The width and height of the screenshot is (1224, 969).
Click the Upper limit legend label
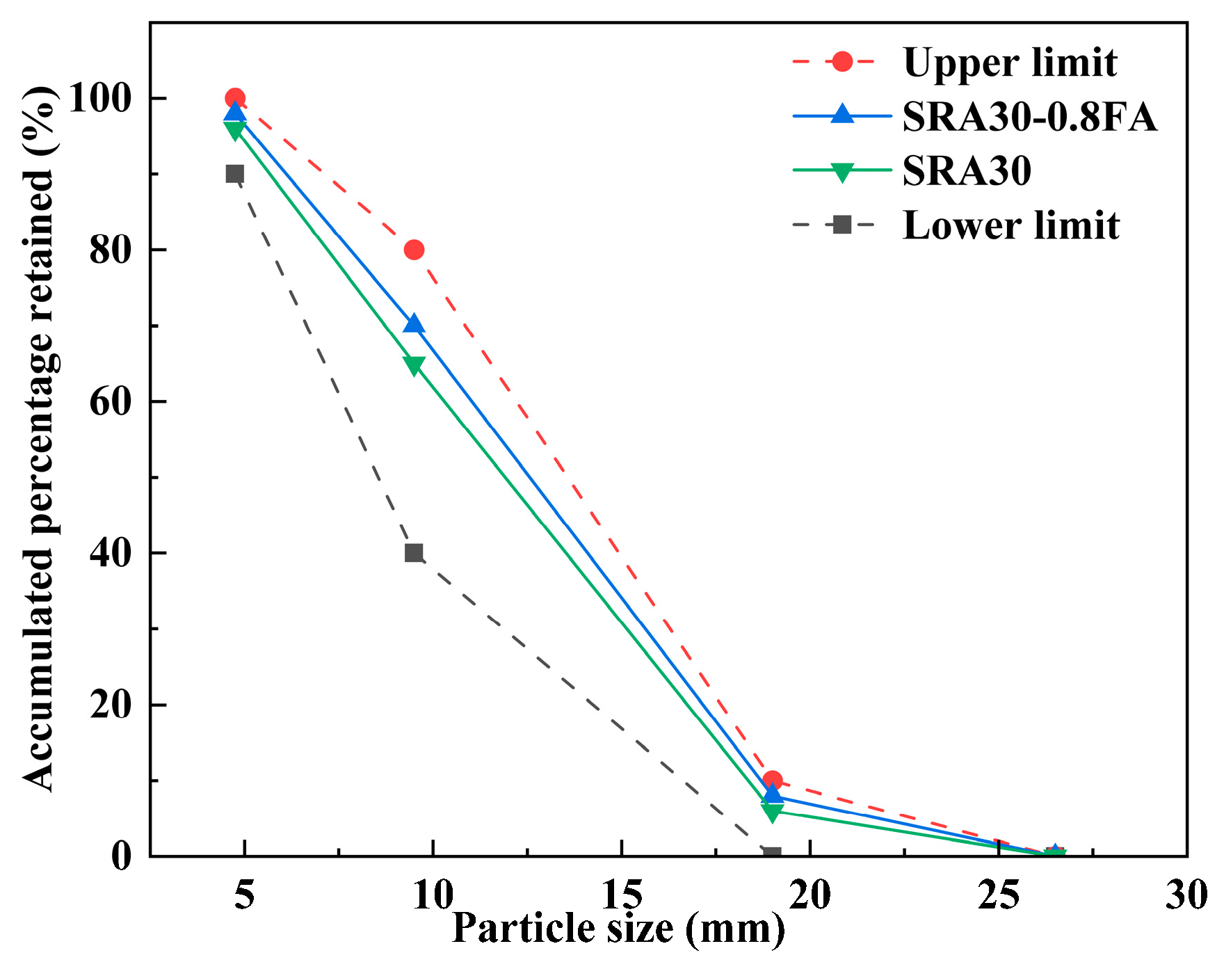coord(1009,63)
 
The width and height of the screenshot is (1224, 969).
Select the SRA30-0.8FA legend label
coord(1029,116)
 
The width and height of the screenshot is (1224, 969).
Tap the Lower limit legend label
coord(1010,225)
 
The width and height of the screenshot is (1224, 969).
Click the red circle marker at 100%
coord(235,98)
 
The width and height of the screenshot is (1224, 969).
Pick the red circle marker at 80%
coord(414,250)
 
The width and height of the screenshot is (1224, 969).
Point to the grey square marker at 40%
coord(414,553)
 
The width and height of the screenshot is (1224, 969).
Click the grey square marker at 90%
coord(235,174)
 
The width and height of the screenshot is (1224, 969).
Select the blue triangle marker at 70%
coord(414,324)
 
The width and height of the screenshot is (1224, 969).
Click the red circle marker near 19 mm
coord(772,780)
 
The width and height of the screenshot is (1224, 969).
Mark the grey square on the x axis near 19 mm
coord(772,854)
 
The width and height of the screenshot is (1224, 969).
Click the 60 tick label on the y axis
coord(111,401)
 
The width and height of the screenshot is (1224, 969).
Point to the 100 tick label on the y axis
coord(101,98)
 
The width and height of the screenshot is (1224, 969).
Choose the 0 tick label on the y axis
coord(122,856)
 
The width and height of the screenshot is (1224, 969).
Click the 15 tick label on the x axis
coord(621,895)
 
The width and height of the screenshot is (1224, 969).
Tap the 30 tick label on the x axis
coord(1186,895)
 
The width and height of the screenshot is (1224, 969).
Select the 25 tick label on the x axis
coord(998,895)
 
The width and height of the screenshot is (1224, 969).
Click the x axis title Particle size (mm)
coord(618,929)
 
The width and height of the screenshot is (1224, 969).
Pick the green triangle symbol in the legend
coord(842,171)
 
